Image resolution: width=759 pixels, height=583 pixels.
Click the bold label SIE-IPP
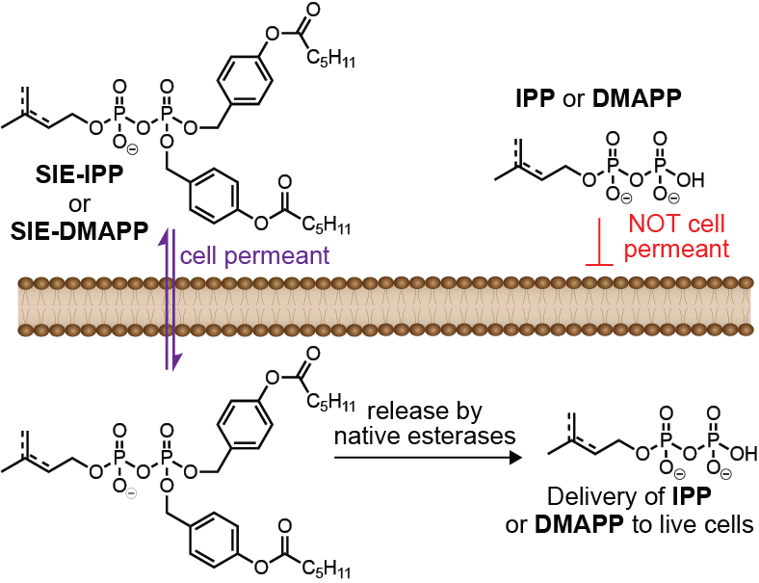79,174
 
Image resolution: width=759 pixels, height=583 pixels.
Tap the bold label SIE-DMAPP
79,231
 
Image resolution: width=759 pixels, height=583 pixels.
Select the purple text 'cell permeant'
254,256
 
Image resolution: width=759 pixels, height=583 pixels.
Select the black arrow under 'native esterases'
429,457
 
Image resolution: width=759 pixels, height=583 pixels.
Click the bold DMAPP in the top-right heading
637,98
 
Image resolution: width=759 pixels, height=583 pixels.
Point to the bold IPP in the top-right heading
536,98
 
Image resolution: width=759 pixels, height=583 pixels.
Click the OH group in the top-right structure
691,180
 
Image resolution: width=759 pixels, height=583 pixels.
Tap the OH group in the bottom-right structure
744,453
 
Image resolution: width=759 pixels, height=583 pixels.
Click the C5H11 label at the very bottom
327,568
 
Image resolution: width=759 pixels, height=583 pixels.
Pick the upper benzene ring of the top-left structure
245,80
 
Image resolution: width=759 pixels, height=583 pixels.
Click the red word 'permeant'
676,250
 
